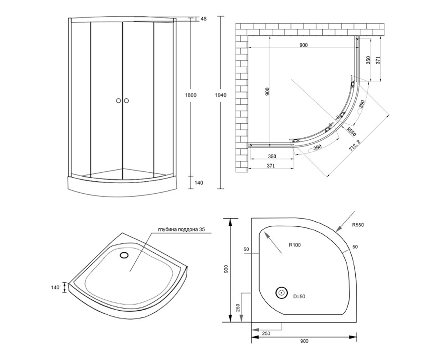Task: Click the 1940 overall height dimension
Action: click(221, 95)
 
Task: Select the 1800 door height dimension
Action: click(190, 95)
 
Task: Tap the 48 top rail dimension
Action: click(204, 19)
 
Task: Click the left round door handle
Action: click(118, 100)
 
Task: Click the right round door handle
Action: click(126, 100)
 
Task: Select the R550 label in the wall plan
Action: click(351, 132)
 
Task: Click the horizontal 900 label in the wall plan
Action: click(303, 45)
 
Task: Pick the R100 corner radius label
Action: click(294, 245)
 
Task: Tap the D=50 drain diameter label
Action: click(299, 296)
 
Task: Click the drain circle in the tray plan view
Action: click(282, 293)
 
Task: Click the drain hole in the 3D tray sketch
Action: click(124, 255)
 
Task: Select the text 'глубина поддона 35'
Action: click(181, 229)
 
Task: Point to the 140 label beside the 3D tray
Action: click(55, 287)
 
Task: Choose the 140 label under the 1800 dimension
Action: click(199, 183)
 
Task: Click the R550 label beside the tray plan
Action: click(358, 225)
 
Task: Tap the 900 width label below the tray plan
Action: click(304, 341)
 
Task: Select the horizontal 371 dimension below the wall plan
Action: click(271, 166)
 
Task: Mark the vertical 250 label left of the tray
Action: click(238, 308)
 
